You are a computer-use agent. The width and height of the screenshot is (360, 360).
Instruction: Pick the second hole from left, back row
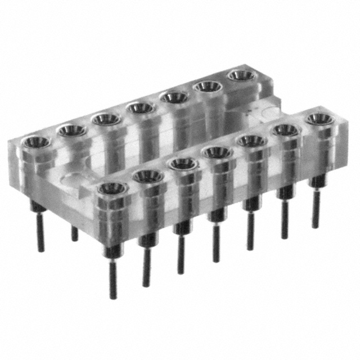tap(71, 130)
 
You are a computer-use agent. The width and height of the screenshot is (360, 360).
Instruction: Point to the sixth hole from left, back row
tap(209, 86)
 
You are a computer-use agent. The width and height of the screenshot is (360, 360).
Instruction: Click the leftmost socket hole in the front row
tap(111, 188)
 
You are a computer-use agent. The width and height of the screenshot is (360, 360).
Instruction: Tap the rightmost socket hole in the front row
tap(319, 119)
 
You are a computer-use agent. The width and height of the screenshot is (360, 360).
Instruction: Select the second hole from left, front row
tap(148, 175)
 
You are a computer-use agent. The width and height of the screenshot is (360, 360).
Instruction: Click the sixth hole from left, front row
tap(286, 130)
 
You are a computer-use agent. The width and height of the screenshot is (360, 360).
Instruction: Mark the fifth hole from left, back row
tap(174, 97)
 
